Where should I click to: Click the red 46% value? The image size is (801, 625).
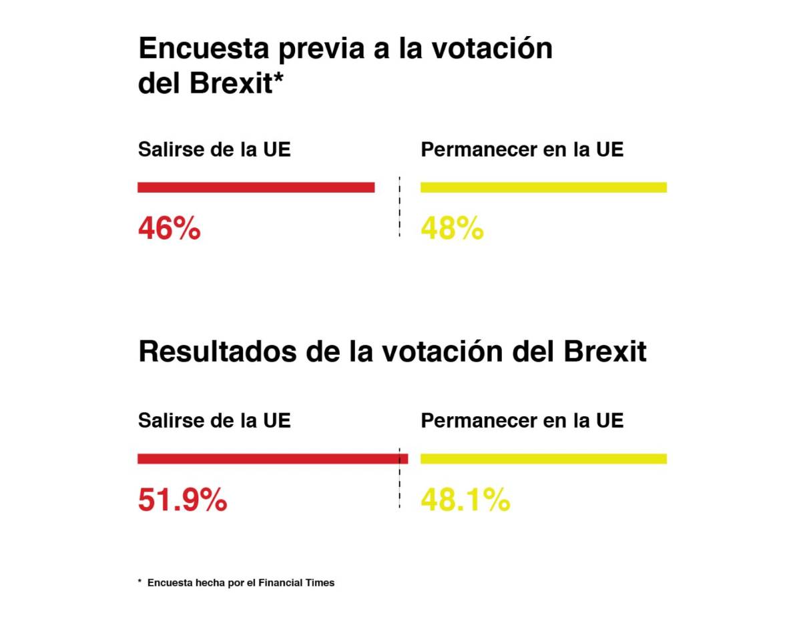(x=169, y=228)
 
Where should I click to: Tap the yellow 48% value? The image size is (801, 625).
(x=452, y=228)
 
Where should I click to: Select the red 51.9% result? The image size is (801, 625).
(x=182, y=500)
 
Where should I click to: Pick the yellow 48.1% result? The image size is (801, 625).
(x=465, y=500)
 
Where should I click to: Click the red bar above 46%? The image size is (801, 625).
(x=256, y=187)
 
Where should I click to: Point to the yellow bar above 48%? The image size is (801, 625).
(x=543, y=187)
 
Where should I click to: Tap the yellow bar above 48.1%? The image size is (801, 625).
(x=543, y=458)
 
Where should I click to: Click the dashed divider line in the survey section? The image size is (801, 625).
(x=399, y=207)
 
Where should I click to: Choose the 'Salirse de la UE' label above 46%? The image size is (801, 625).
(x=214, y=149)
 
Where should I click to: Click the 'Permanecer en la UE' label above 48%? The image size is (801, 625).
(x=522, y=149)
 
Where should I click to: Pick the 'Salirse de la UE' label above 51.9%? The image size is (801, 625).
(x=214, y=421)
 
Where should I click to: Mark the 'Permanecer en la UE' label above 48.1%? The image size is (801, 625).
(x=522, y=421)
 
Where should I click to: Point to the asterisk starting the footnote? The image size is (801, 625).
(x=140, y=582)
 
